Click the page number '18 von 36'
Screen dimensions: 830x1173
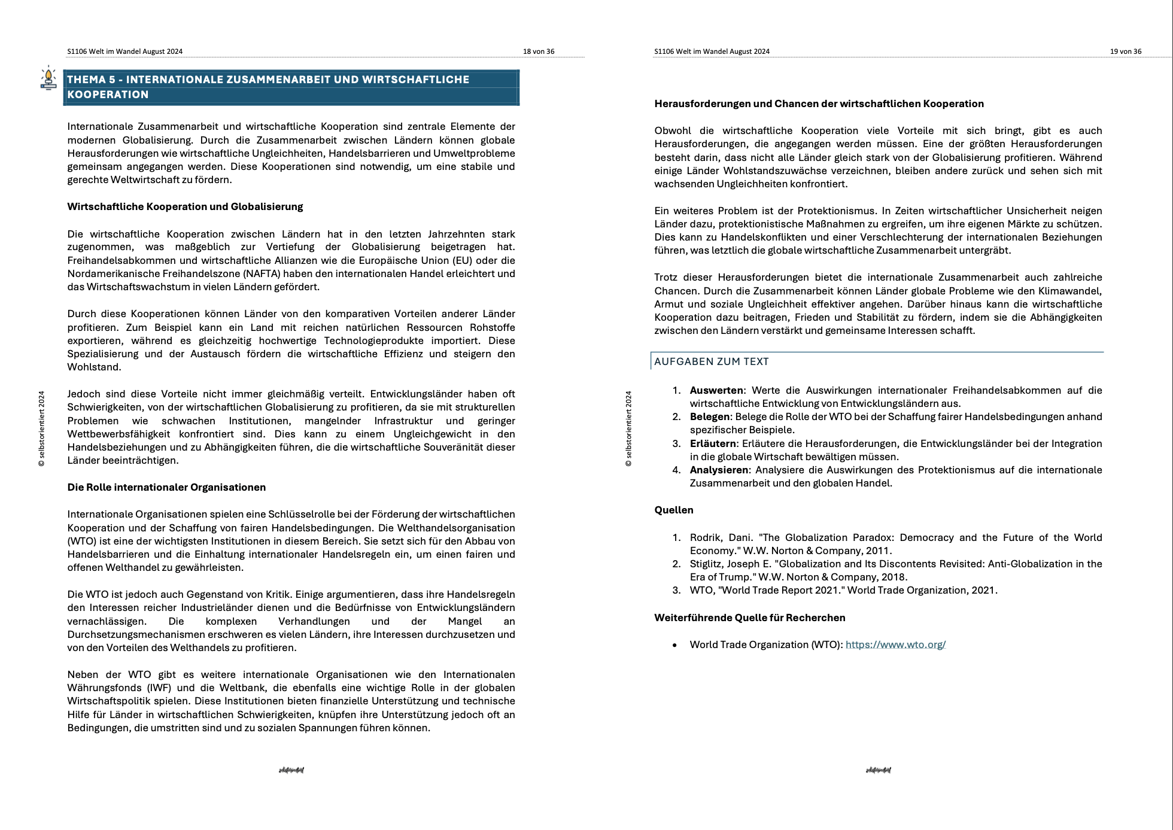coord(538,51)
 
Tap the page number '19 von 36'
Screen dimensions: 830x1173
coord(1125,51)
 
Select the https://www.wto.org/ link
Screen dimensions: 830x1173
coord(895,644)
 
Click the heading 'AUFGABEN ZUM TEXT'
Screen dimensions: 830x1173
coord(711,361)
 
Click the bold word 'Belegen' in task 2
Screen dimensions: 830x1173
coord(709,416)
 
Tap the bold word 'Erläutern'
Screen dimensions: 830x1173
coord(713,443)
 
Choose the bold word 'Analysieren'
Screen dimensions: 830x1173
coord(719,470)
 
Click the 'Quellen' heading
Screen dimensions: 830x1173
coord(673,510)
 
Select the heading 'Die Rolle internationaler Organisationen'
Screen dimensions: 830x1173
coord(166,487)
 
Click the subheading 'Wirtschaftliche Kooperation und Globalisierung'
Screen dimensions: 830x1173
coord(185,206)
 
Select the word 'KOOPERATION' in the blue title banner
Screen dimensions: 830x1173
coord(108,95)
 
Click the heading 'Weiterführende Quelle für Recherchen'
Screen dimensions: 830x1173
coord(749,618)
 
